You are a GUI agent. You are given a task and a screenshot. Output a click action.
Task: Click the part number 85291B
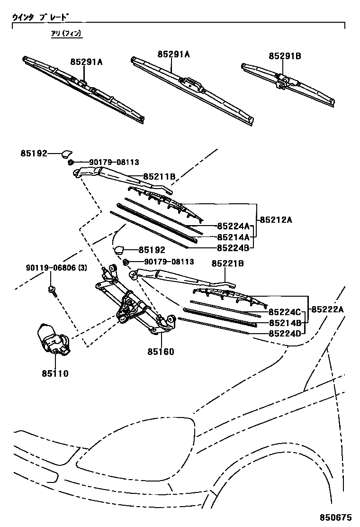(285, 56)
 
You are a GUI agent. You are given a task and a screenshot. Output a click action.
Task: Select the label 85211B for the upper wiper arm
(160, 177)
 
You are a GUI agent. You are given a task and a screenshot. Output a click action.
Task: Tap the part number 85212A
(276, 220)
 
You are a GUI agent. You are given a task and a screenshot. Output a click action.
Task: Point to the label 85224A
(234, 226)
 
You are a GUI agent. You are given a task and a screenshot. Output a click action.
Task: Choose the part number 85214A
(234, 237)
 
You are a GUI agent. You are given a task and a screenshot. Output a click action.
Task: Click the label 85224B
(234, 247)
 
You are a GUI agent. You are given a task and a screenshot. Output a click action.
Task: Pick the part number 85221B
(227, 263)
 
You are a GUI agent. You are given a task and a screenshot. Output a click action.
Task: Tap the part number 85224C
(285, 312)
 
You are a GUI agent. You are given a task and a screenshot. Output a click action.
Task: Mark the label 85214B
(285, 323)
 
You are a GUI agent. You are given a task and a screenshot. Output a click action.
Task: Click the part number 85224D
(285, 334)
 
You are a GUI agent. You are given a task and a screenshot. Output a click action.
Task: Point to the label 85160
(161, 352)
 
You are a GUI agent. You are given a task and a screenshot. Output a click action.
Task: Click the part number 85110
(54, 373)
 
